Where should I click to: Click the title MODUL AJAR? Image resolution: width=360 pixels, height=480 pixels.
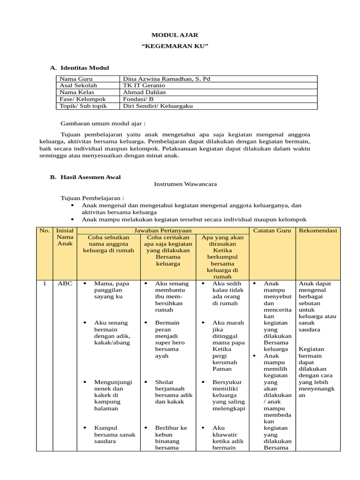(174, 35)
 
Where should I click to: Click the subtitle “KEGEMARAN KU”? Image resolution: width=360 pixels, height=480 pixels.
(174, 47)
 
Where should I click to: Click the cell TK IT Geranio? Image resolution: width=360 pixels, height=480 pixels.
(143, 86)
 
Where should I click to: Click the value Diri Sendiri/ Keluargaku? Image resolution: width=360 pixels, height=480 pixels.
(157, 106)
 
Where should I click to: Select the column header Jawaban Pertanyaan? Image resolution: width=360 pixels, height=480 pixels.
(163, 231)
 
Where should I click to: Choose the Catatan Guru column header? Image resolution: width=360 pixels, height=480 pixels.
(272, 231)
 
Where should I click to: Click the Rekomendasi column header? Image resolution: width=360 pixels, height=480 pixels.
(318, 231)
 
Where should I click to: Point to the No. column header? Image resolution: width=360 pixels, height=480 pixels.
(45, 231)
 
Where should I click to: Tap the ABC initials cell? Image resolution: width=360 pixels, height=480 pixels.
(65, 284)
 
